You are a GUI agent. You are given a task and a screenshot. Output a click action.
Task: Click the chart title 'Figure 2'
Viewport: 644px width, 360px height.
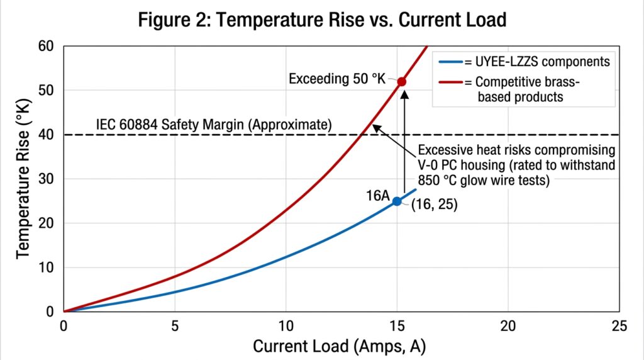point(321,20)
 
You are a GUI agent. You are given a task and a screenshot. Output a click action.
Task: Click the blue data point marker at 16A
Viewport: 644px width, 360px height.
point(397,201)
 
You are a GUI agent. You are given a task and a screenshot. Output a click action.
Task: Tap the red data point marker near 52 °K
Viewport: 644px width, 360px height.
point(401,82)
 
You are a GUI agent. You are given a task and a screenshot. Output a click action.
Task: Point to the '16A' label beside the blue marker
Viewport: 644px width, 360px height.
point(378,196)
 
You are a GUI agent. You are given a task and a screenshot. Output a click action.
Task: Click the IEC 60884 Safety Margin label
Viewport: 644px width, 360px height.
point(213,124)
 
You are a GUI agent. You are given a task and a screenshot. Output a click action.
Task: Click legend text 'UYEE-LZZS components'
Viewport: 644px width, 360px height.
point(536,62)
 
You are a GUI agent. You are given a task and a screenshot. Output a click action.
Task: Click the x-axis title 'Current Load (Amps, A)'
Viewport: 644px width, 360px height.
point(341,346)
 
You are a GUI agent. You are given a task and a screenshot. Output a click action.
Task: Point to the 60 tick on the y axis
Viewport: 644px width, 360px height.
point(48,47)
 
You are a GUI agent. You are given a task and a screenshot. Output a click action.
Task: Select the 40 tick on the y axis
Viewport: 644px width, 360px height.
point(48,135)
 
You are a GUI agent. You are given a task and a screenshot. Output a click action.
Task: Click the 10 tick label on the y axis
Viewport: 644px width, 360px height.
point(48,267)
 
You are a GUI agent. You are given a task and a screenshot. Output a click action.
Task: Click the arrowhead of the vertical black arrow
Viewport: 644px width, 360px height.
point(405,94)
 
